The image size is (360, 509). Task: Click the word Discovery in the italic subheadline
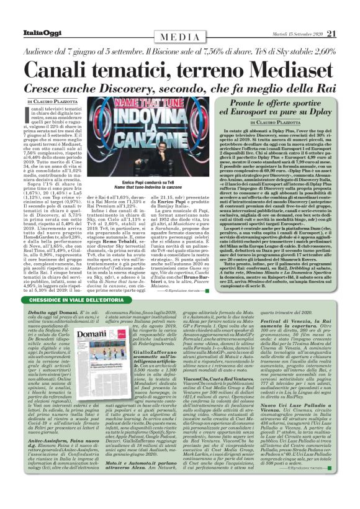coord(158,86)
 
